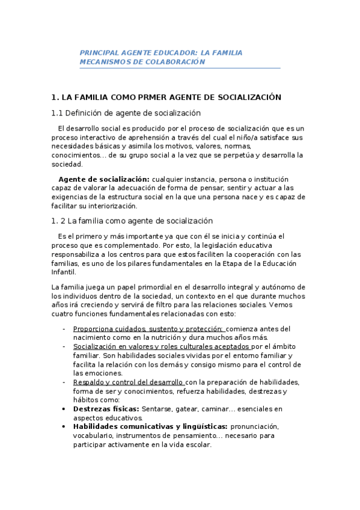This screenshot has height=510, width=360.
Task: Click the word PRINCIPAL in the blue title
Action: point(99,53)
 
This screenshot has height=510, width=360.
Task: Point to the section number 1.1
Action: point(57,112)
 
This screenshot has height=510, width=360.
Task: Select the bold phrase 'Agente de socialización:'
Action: point(103,179)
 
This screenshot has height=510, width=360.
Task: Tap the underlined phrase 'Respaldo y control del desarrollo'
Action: point(128,382)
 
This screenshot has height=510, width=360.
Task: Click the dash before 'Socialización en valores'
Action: point(64,347)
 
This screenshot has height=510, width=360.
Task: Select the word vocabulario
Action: point(93,436)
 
